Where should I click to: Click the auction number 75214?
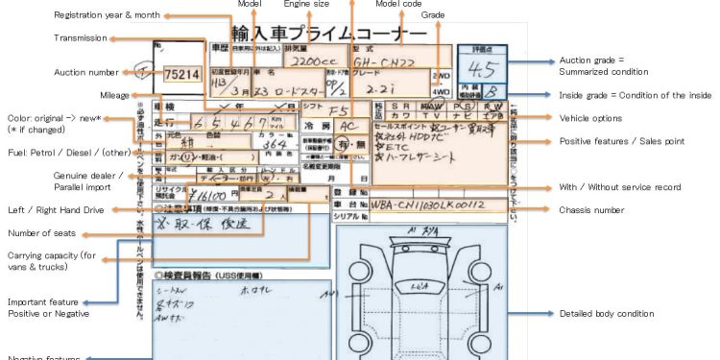[181, 74]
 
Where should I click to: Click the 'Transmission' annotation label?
[80, 38]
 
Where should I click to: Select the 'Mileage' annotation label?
[114, 94]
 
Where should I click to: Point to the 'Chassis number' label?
[590, 209]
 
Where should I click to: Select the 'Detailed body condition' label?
[607, 314]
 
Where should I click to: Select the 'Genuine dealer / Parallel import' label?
[40, 181]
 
